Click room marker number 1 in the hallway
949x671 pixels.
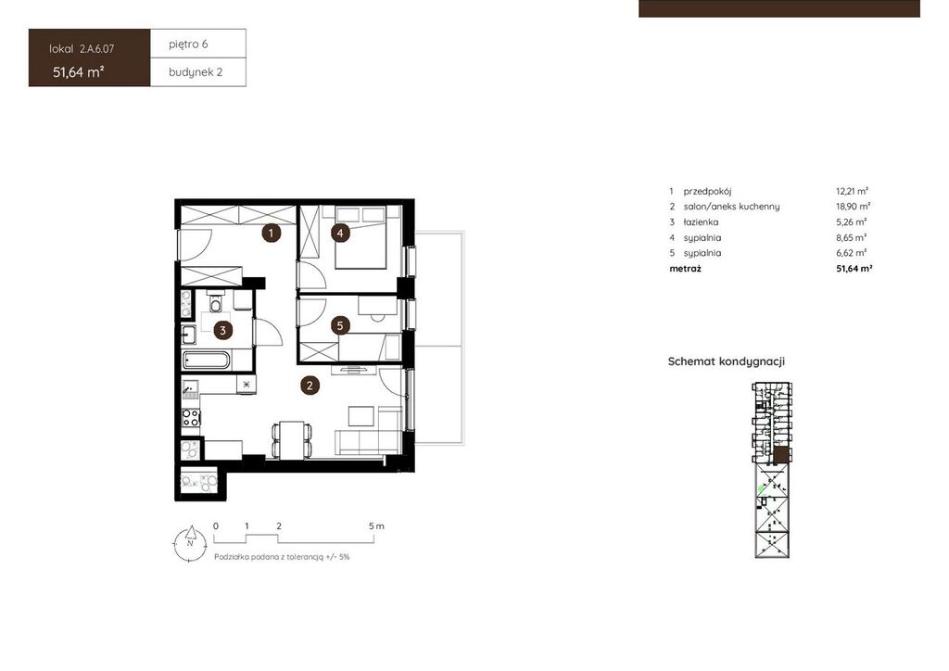tap(272, 233)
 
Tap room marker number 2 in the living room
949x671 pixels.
tap(310, 386)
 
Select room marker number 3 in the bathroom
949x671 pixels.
tap(222, 330)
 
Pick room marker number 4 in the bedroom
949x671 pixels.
tap(341, 233)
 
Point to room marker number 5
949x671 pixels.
tap(340, 326)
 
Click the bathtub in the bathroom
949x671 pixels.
tap(207, 361)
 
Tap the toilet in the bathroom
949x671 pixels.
tap(215, 302)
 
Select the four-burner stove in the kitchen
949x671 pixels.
tap(191, 417)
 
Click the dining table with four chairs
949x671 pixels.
tap(292, 439)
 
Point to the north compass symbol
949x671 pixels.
tap(190, 543)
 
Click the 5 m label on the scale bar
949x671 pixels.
tap(376, 525)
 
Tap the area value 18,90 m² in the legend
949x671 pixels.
tap(854, 207)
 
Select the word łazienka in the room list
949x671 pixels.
tap(701, 222)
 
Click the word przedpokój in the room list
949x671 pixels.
tap(707, 191)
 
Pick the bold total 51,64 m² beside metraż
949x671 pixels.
tap(854, 269)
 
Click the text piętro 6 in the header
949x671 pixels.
tap(188, 44)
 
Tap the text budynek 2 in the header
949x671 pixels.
tap(196, 72)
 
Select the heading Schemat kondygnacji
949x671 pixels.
tap(727, 361)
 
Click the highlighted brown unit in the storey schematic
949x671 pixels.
tap(782, 456)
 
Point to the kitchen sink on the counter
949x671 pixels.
tap(190, 387)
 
